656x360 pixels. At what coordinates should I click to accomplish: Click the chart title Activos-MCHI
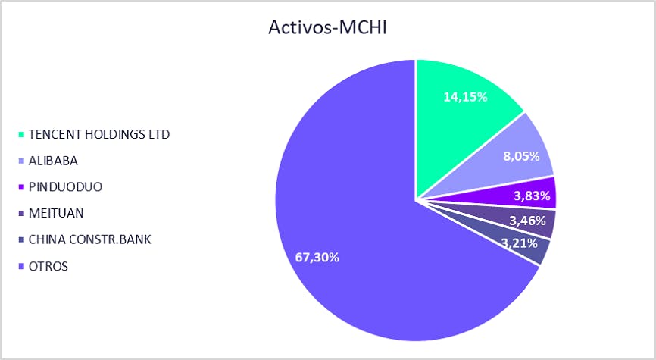pos(327,27)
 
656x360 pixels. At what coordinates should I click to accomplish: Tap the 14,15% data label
pos(465,97)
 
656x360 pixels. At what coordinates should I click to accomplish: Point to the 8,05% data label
pos(521,157)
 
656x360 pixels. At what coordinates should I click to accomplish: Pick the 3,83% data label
pos(532,196)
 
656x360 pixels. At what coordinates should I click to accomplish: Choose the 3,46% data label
pos(527,221)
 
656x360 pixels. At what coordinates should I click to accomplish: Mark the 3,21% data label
pos(519,243)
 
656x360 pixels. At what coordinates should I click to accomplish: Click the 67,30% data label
pos(317,258)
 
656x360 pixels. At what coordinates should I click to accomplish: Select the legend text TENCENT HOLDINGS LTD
pos(99,134)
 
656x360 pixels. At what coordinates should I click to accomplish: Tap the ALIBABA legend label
pos(53,161)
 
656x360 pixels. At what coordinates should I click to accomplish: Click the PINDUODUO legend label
pos(65,186)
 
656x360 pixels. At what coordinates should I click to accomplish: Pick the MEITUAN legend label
pos(56,213)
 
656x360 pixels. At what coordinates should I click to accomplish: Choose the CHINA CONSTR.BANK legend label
pos(90,239)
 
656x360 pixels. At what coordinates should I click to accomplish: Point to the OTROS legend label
pos(48,266)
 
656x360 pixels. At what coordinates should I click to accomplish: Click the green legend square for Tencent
pos(22,135)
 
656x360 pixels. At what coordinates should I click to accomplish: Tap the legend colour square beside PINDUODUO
pos(22,187)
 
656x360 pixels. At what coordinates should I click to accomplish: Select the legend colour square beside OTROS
pos(22,266)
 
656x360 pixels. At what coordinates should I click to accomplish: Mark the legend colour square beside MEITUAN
pos(22,214)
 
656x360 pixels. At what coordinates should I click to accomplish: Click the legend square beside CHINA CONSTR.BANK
pos(22,239)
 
